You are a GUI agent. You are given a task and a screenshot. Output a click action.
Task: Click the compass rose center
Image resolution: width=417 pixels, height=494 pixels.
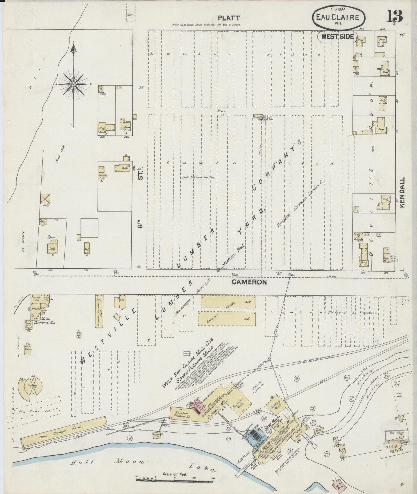[73, 84]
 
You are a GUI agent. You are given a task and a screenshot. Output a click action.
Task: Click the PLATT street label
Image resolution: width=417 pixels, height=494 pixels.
[229, 18]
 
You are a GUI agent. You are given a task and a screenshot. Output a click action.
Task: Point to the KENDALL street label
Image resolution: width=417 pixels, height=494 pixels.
[403, 192]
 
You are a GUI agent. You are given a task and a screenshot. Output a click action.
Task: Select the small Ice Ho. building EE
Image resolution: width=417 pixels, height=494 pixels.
[78, 335]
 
